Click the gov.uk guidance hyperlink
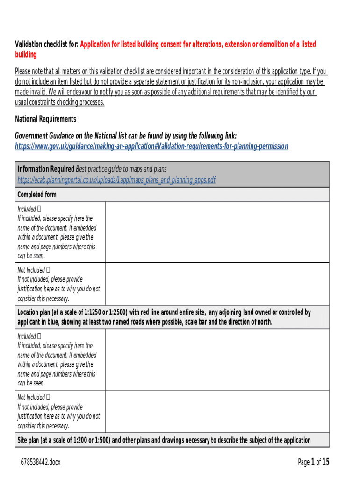coord(151,146)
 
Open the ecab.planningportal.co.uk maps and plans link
coord(116,180)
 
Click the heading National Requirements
coord(45,119)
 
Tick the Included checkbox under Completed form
coord(39,209)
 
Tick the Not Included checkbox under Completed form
coord(48,270)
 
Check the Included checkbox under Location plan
coord(39,336)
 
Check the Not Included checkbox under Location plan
coord(48,397)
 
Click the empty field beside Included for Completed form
coord(217,232)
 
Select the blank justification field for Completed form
coord(217,284)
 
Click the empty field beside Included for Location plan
coord(217,360)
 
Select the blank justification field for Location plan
coord(217,411)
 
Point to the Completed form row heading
coord(37,195)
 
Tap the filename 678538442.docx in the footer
coord(41,463)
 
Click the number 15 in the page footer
coord(325,462)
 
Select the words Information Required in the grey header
coord(45,169)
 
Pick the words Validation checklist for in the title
coord(46,44)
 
